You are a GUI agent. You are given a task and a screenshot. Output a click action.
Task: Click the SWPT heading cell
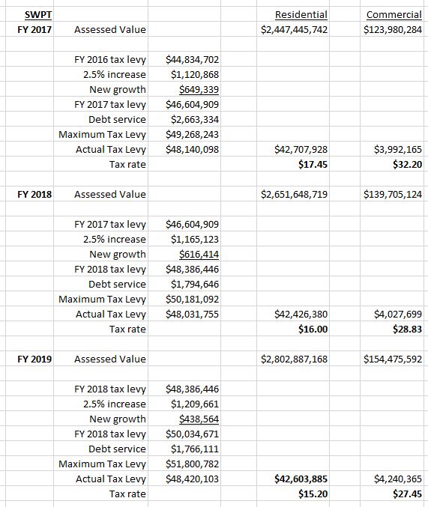[33, 14]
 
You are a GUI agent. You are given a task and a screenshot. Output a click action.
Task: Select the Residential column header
[301, 14]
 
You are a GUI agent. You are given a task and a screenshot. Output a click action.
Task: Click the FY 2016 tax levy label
[110, 59]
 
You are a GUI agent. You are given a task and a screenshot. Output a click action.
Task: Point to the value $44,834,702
[192, 59]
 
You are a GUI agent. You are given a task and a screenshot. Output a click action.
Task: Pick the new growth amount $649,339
[199, 89]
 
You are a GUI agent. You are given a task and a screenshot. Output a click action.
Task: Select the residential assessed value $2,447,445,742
[294, 29]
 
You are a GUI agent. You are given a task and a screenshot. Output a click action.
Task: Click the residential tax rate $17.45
[314, 164]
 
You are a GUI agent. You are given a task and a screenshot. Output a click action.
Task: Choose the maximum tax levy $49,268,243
[192, 134]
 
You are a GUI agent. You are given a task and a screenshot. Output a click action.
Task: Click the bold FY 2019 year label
[34, 359]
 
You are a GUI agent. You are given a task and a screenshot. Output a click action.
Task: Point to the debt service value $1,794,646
[195, 284]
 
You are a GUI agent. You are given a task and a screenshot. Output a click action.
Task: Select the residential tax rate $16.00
[314, 329]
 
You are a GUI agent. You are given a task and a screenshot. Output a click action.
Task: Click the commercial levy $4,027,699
[397, 314]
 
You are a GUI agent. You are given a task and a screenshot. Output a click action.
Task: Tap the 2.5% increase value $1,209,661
[195, 404]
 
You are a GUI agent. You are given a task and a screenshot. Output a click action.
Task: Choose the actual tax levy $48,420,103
[192, 479]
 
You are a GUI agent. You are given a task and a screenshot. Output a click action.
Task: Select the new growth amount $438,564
[199, 419]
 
